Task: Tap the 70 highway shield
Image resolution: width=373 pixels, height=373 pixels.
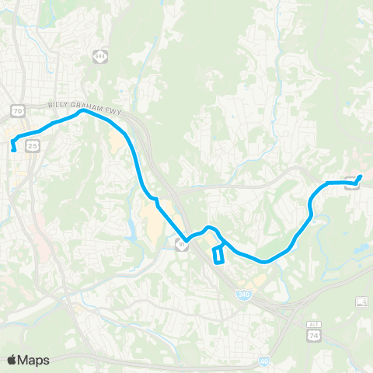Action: click(17, 111)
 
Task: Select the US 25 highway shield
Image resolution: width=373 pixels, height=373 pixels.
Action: click(31, 145)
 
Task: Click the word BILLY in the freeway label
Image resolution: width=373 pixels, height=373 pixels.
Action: click(60, 104)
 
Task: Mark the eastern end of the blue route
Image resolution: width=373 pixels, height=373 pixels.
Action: click(360, 176)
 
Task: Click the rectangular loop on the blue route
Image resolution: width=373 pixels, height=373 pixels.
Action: click(219, 254)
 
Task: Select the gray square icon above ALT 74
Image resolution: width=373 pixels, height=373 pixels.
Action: click(361, 302)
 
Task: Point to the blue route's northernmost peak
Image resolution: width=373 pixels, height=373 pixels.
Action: click(82, 110)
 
